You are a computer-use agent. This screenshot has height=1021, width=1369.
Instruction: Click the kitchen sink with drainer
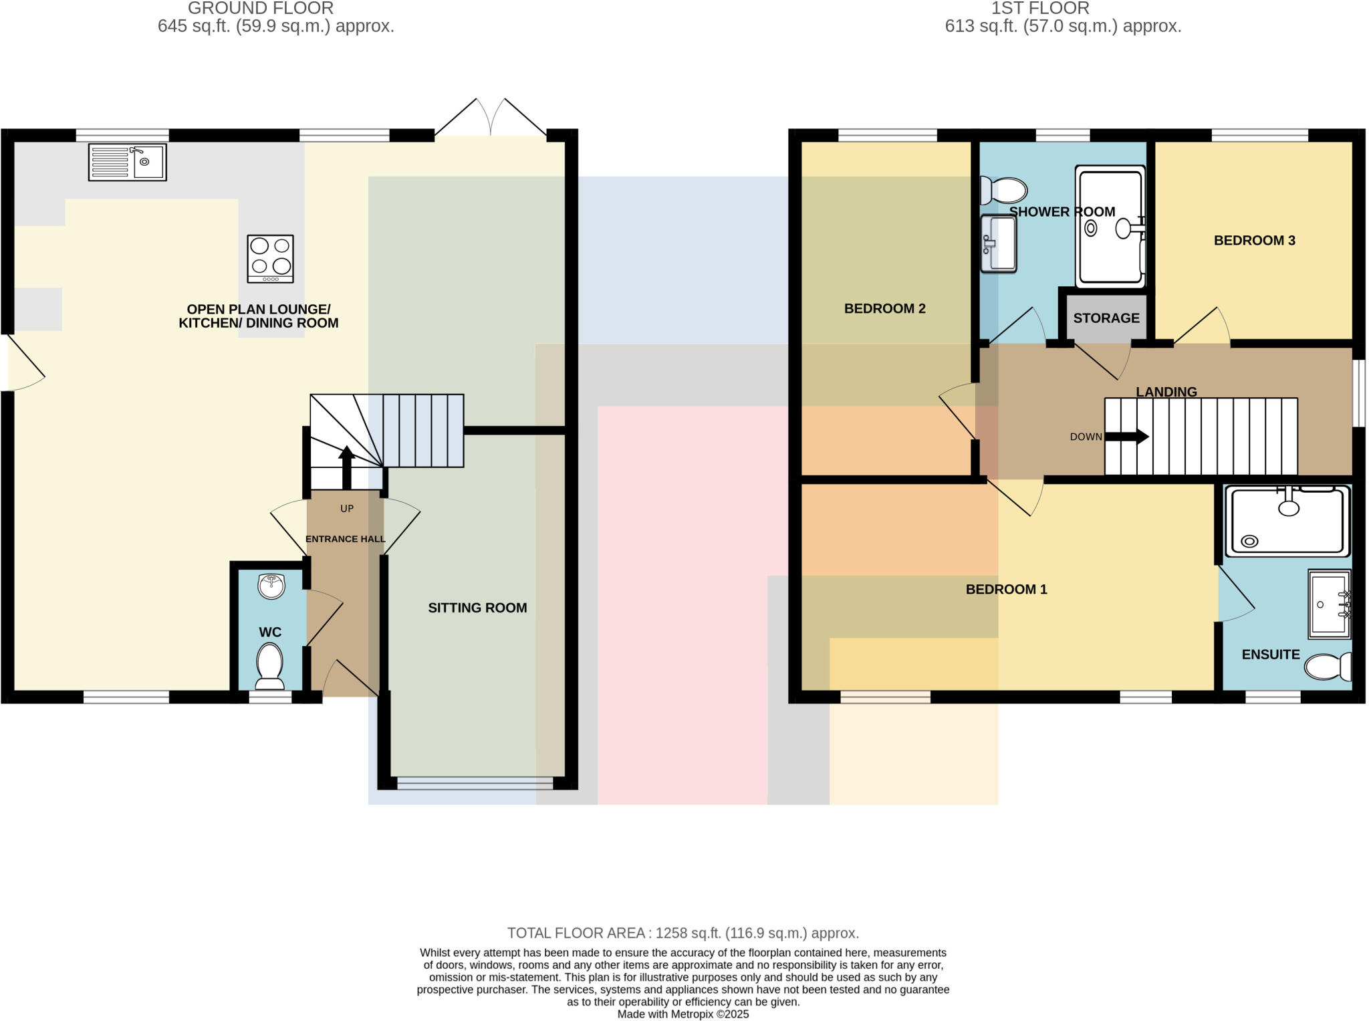[127, 162]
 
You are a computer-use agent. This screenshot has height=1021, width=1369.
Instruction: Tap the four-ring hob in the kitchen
[270, 259]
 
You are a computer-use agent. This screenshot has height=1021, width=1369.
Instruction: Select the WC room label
[270, 632]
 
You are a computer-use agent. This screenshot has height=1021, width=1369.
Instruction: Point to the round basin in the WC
[271, 586]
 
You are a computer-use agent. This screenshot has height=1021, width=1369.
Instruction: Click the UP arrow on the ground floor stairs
[346, 467]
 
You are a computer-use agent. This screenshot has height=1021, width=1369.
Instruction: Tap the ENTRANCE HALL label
[345, 539]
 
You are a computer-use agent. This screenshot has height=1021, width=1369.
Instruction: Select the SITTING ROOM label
[477, 608]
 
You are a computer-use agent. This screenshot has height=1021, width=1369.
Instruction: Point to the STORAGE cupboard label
[1106, 318]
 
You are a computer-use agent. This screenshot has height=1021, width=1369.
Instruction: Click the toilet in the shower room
[1003, 191]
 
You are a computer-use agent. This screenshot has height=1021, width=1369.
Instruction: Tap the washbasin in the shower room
[999, 243]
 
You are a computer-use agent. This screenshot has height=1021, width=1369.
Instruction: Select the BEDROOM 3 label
[1254, 241]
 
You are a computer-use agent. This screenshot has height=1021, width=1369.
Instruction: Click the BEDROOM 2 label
[884, 309]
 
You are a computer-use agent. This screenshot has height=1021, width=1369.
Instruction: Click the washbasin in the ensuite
[1329, 603]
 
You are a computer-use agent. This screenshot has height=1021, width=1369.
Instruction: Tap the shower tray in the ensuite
[1287, 521]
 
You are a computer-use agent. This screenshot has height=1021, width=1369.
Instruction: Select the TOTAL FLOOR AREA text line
[682, 933]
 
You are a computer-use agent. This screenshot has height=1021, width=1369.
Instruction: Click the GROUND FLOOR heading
[261, 9]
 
